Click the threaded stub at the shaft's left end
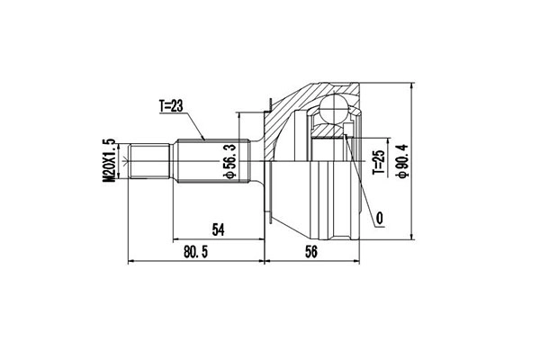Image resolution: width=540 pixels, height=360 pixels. coord(152,162)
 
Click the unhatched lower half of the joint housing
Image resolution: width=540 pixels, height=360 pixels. coord(306,202)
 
